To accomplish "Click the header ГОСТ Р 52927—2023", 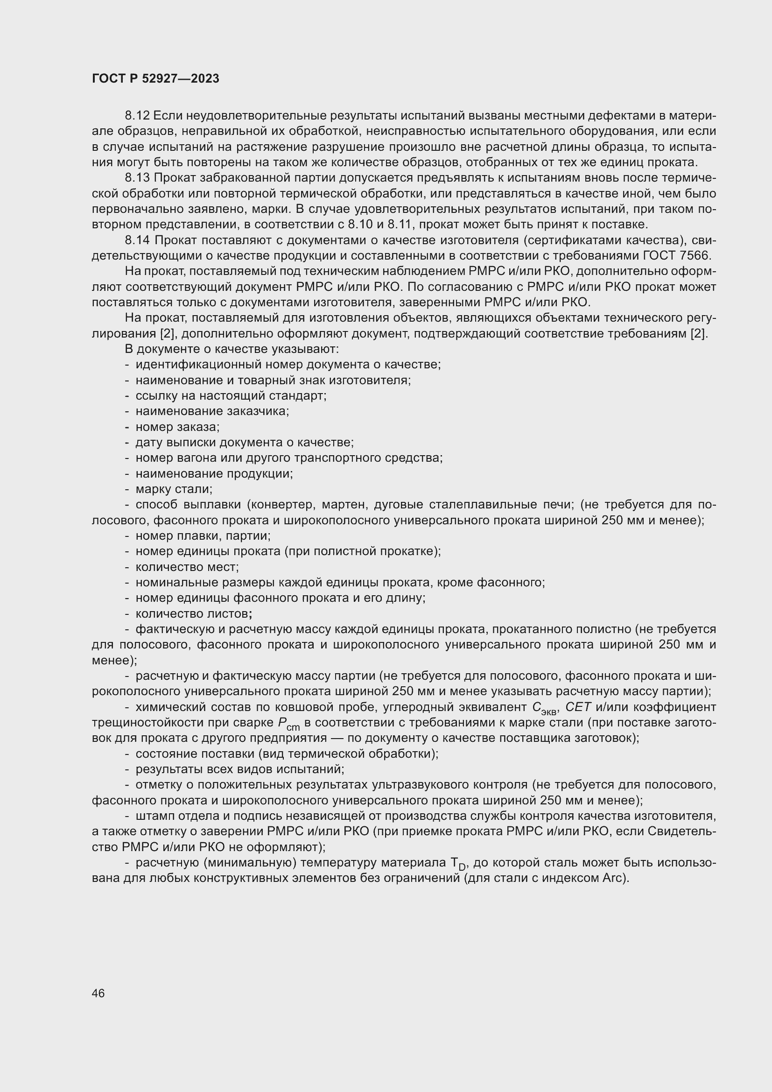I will [x=155, y=78].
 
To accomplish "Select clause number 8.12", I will [x=137, y=116].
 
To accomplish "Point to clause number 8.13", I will [x=137, y=178].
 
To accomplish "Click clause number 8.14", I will [x=137, y=240].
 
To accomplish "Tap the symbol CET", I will [x=578, y=707].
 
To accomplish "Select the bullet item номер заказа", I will [x=177, y=427].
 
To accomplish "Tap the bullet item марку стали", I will [x=174, y=489].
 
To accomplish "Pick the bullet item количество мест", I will [x=187, y=567].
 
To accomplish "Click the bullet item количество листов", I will [x=191, y=613].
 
